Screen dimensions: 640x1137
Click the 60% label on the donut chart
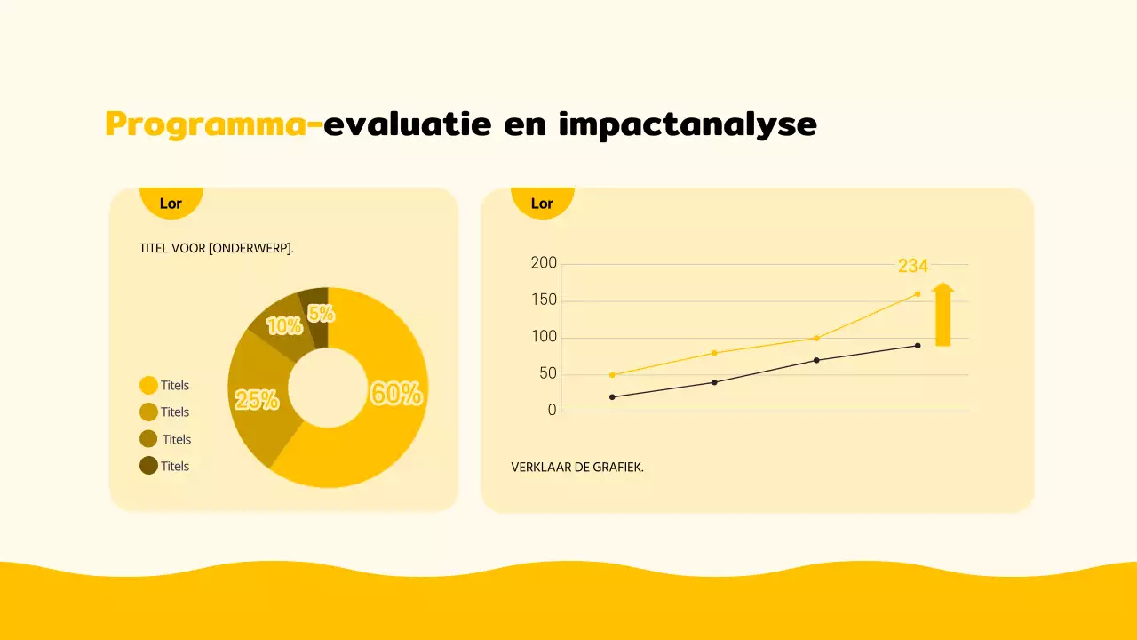[396, 393]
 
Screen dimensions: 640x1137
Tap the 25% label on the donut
[257, 400]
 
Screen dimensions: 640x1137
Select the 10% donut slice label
[284, 326]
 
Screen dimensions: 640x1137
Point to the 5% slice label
[321, 314]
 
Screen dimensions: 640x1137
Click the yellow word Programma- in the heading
[213, 124]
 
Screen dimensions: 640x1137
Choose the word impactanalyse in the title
[688, 124]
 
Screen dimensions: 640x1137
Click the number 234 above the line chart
[912, 266]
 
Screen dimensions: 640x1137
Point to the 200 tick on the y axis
[544, 263]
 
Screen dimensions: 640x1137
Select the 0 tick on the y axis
[553, 411]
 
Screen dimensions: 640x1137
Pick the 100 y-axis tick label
[544, 337]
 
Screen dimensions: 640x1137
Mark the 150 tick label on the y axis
[544, 300]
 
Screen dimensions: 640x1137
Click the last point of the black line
[918, 345]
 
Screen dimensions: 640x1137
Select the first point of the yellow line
[612, 374]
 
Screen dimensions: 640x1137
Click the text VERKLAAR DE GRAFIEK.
[577, 467]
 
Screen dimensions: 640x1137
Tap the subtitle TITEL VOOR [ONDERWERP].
[217, 248]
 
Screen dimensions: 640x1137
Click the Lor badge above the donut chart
[171, 204]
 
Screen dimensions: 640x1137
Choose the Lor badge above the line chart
[542, 204]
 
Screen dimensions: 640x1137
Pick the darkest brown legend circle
[148, 465]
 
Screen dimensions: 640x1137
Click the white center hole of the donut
[328, 388]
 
